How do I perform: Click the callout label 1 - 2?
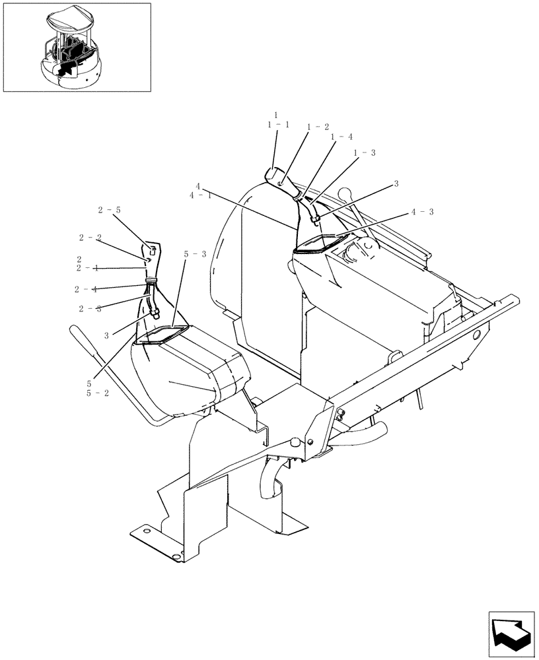318,126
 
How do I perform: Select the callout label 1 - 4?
342,137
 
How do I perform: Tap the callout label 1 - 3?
365,152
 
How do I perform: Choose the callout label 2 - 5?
110,210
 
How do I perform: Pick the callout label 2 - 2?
90,237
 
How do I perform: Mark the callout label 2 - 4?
86,288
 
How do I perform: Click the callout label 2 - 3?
90,308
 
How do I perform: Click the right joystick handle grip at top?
274,177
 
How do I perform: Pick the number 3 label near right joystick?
396,184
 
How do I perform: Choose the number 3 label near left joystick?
106,335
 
